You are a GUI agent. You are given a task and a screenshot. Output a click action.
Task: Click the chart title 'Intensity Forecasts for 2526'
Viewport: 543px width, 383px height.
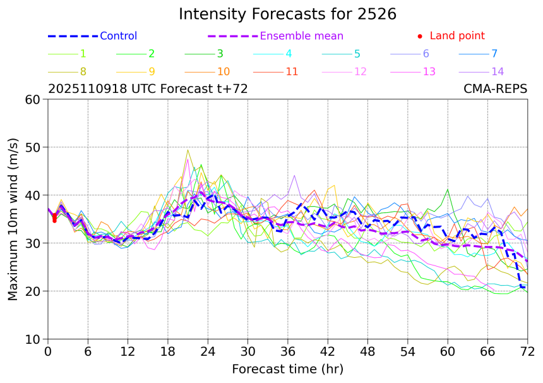[287, 14]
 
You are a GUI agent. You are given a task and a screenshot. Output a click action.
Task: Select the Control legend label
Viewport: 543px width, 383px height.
[118, 36]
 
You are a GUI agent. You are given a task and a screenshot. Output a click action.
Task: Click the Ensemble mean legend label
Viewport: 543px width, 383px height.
[302, 36]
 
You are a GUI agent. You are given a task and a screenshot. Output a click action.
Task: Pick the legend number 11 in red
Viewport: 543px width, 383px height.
[292, 71]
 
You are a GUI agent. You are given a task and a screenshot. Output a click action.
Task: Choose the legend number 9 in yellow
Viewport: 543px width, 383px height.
[152, 71]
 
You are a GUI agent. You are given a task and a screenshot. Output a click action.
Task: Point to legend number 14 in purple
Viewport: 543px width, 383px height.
[498, 71]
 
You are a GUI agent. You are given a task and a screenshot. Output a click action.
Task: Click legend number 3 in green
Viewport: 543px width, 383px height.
[220, 54]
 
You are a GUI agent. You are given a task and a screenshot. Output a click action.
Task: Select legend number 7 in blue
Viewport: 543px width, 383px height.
[494, 54]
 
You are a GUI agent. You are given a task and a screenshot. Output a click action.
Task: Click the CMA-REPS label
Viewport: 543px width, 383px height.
[495, 89]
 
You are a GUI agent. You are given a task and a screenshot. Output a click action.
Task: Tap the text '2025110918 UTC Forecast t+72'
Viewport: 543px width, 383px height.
[148, 89]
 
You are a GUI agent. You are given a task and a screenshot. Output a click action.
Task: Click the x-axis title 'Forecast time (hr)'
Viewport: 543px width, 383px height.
[287, 368]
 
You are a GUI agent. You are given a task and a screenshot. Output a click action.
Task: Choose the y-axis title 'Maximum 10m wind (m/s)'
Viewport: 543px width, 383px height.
[13, 219]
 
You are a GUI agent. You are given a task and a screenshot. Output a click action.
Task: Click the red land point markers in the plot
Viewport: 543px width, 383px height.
[54, 218]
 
